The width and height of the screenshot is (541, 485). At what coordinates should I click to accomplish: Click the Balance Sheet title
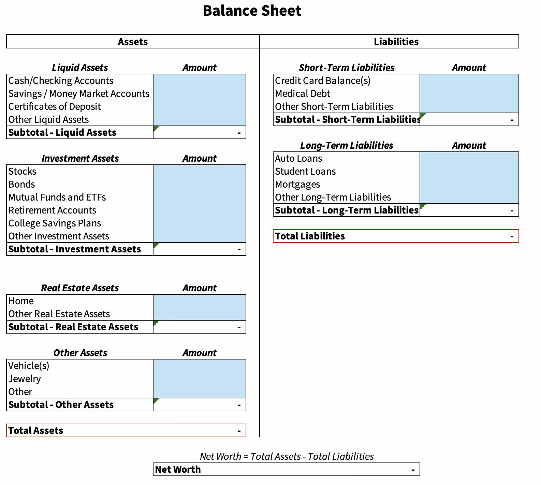(252, 11)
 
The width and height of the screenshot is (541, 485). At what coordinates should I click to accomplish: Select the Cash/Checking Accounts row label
(61, 81)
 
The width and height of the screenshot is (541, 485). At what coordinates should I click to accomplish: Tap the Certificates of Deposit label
(55, 107)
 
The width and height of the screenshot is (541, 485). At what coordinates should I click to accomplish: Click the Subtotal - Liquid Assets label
(62, 133)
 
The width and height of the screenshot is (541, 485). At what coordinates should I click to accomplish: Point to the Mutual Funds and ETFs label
(57, 197)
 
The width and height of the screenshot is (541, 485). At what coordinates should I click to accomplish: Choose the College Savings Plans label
(55, 223)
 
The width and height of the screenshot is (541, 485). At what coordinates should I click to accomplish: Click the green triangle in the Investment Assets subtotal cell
(156, 245)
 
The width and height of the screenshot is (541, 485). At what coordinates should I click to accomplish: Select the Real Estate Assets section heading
(80, 288)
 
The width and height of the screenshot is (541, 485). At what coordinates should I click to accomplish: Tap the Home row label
(21, 301)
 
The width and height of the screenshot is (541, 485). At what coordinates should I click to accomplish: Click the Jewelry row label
(25, 379)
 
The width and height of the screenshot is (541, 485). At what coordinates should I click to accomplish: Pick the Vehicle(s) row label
(29, 366)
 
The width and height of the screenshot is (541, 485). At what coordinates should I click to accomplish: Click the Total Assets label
(36, 431)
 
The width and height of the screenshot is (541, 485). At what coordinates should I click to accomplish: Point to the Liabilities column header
(396, 42)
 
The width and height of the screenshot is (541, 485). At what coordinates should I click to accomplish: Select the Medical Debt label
(303, 94)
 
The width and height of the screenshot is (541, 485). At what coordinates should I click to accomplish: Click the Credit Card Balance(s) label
(323, 81)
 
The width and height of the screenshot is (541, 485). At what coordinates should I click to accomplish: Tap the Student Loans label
(305, 172)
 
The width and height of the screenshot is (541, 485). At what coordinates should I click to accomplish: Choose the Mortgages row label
(297, 185)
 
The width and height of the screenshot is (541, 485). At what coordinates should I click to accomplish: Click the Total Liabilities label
(310, 236)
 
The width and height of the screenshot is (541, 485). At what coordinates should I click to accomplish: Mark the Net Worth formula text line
(287, 456)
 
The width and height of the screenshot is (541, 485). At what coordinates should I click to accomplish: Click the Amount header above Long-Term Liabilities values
(469, 146)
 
